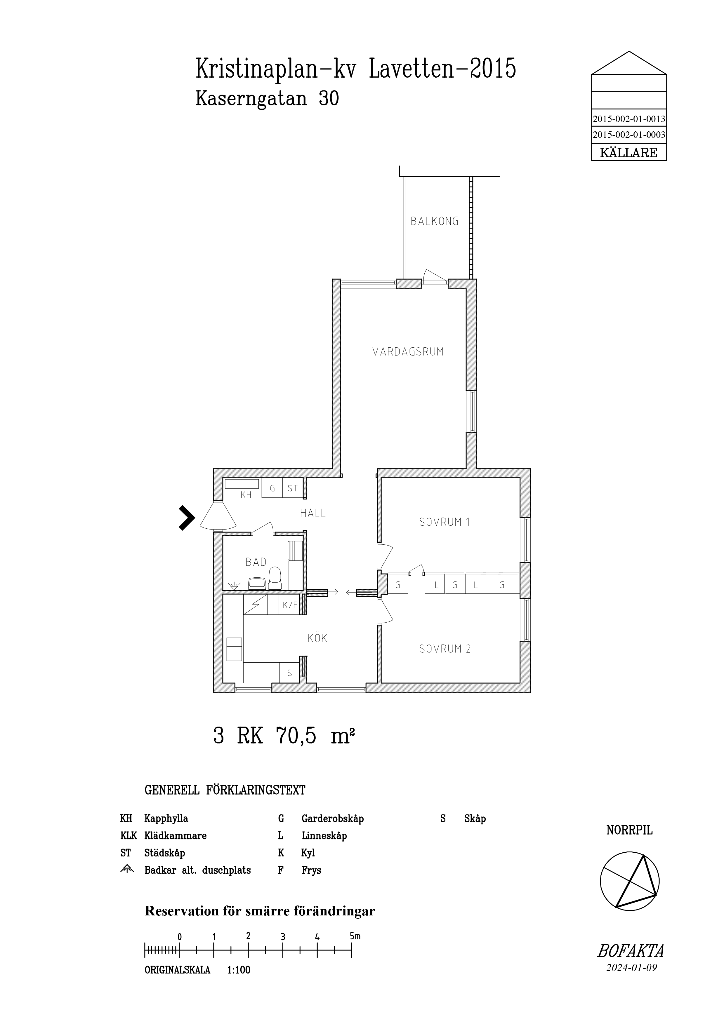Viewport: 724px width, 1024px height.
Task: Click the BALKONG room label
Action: pos(435,221)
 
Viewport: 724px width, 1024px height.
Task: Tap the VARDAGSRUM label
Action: pos(408,352)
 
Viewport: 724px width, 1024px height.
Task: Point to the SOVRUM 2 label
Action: pos(445,649)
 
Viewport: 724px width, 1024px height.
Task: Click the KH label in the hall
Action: pos(246,494)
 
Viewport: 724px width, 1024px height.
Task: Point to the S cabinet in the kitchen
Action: pos(289,673)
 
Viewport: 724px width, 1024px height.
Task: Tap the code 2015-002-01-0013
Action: pos(629,119)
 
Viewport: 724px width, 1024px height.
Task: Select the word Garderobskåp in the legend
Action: pos(333,819)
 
